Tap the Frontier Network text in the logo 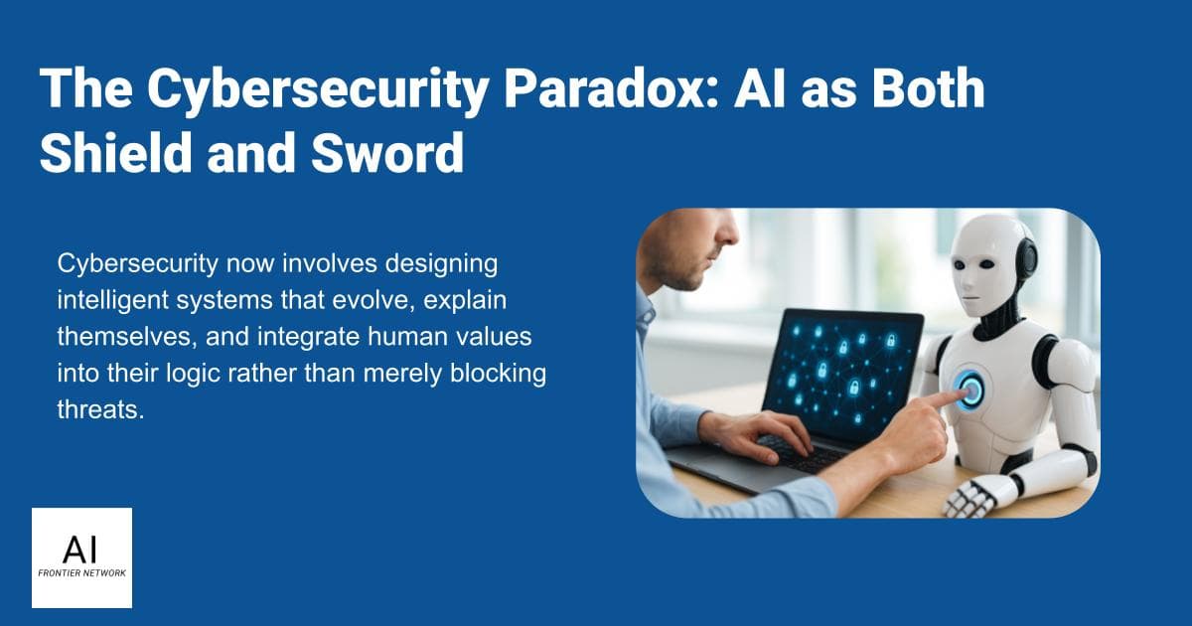81,574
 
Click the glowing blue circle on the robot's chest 970,391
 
